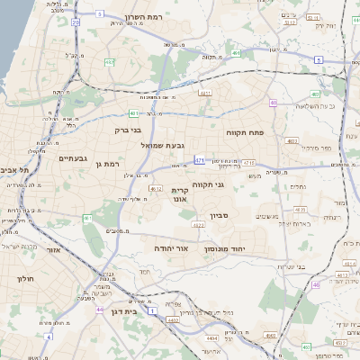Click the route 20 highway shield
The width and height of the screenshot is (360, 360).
tap(76, 22)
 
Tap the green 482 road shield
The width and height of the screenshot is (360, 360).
tap(109, 62)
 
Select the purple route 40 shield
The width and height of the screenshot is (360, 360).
tap(273, 103)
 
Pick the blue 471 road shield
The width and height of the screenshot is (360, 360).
tap(200, 160)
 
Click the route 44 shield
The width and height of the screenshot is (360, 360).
tap(99, 309)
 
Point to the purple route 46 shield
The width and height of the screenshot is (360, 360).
tap(316, 284)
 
